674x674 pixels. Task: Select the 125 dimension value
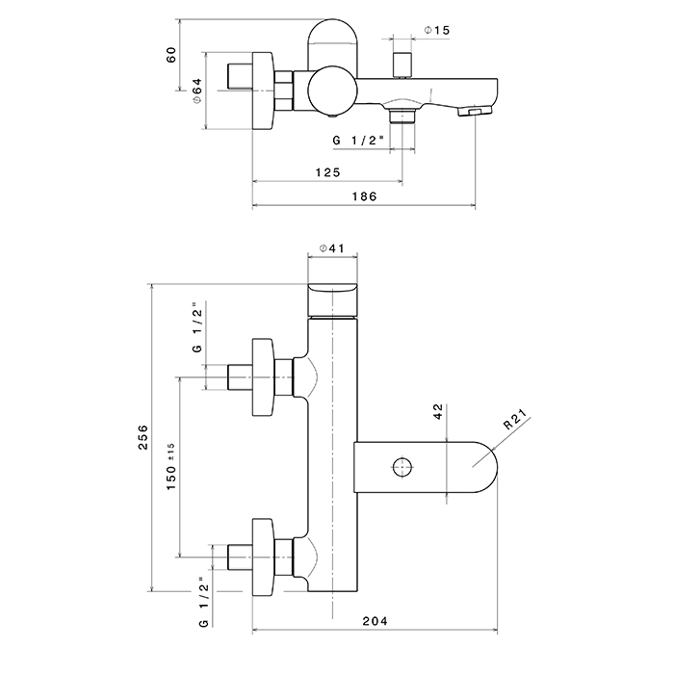pyautogui.click(x=327, y=172)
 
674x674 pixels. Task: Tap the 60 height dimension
pyautogui.click(x=171, y=55)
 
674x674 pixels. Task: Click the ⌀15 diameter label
pyautogui.click(x=436, y=31)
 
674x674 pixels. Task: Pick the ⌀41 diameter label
pyautogui.click(x=331, y=248)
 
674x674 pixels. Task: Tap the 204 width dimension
pyautogui.click(x=375, y=621)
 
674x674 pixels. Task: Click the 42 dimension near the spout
pyautogui.click(x=438, y=413)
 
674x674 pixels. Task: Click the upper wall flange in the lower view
pyautogui.click(x=262, y=376)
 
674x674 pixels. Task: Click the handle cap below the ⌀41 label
pyautogui.click(x=332, y=298)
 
